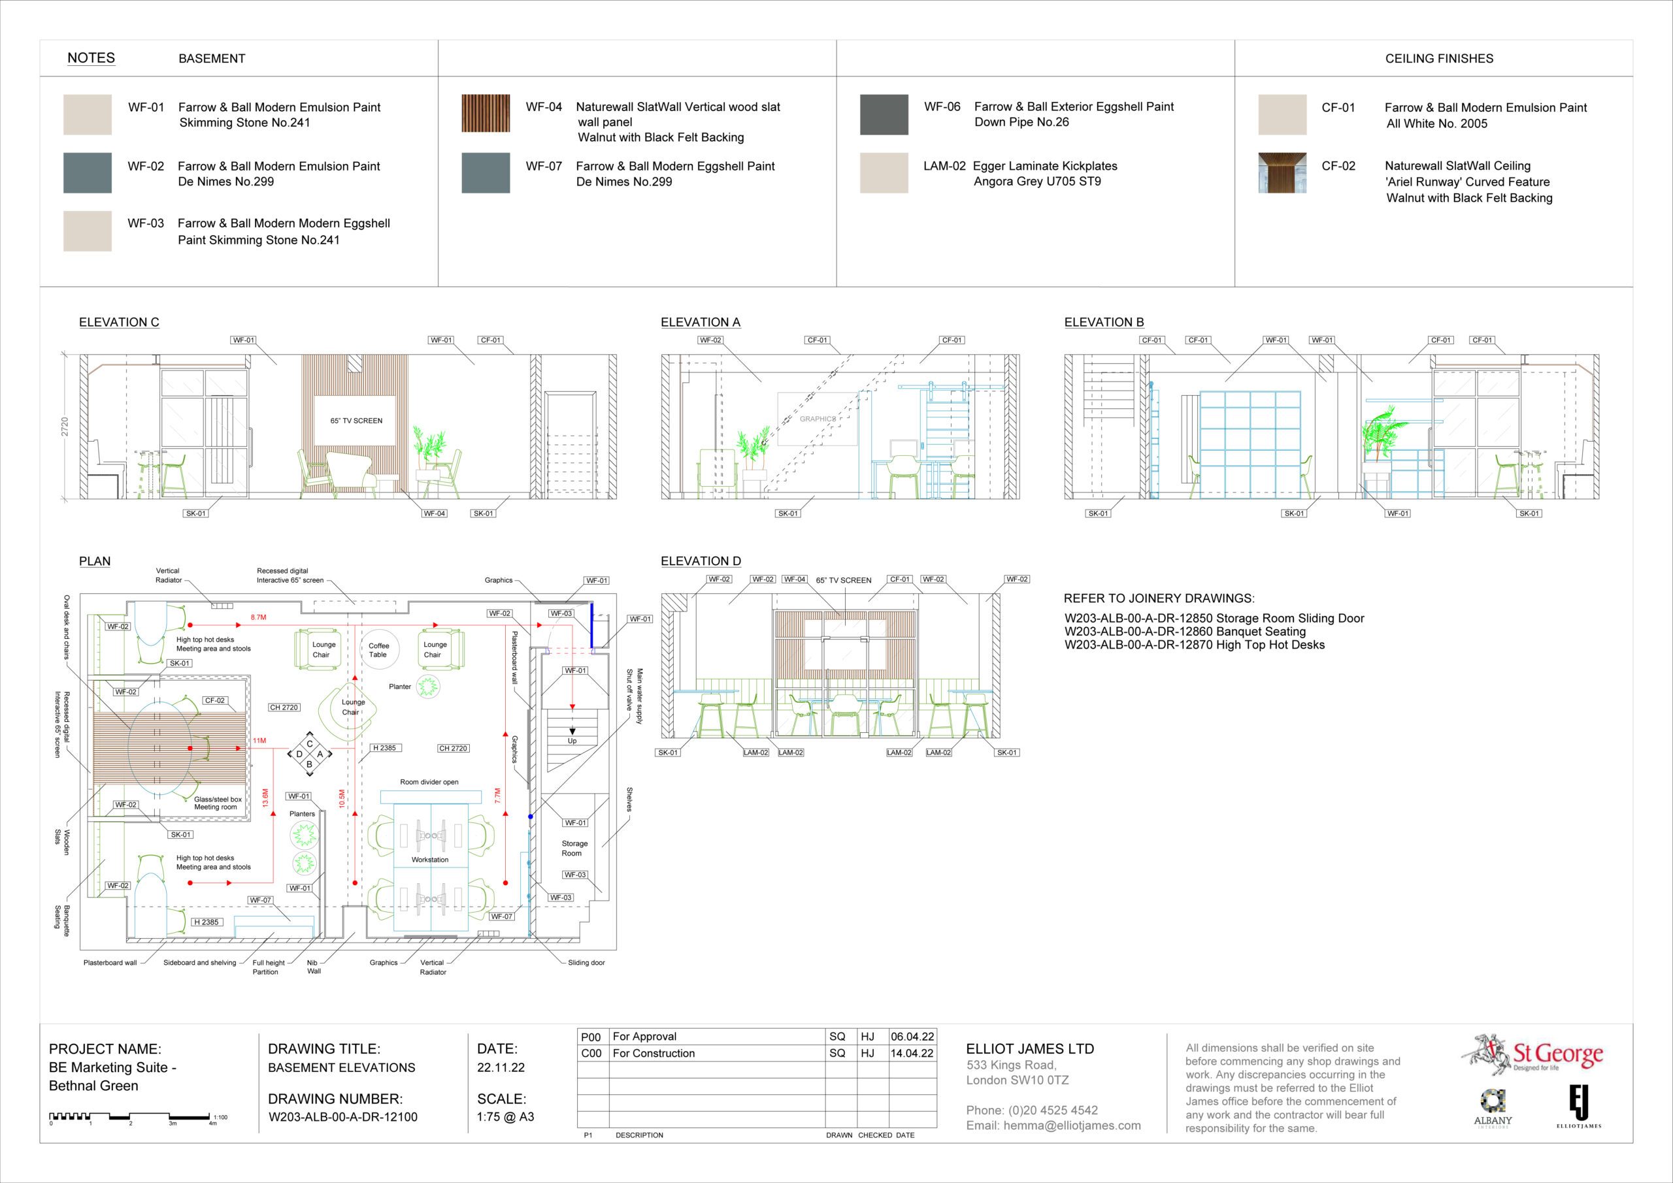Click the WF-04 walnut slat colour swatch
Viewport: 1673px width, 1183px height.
tap(486, 114)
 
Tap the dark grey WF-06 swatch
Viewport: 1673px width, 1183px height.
tap(884, 114)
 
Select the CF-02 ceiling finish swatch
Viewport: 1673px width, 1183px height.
tap(1282, 172)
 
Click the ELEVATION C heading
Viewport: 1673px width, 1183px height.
tap(119, 322)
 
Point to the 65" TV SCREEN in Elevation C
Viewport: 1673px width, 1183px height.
tap(356, 420)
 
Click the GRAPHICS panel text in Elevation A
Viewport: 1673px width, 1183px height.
tap(818, 419)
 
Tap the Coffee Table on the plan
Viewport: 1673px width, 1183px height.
tap(379, 650)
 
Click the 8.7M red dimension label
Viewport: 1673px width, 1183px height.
tap(259, 618)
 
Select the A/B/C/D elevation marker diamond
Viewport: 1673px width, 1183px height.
tap(310, 754)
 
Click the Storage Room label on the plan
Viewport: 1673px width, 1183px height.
tap(573, 848)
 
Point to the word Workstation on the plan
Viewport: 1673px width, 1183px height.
tap(430, 860)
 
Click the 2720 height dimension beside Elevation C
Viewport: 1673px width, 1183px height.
tap(65, 427)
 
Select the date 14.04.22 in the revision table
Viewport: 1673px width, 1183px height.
tap(912, 1054)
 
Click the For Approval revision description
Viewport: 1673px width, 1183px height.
tap(644, 1037)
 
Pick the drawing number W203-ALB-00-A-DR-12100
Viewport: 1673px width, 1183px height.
tap(342, 1117)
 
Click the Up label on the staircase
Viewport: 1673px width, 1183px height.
tap(572, 741)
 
